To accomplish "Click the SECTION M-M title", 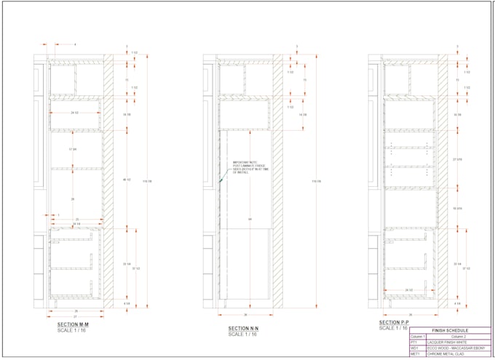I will [x=73, y=324].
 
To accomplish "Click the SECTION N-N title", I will [x=244, y=329].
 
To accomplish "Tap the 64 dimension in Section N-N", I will [x=250, y=219].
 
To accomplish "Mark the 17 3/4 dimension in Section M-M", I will [x=73, y=149].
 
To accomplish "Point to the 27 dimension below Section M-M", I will [x=75, y=316].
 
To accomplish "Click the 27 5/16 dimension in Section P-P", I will [x=458, y=159].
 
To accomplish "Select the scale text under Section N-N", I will [x=241, y=335].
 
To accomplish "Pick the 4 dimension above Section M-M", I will [x=74, y=44].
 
